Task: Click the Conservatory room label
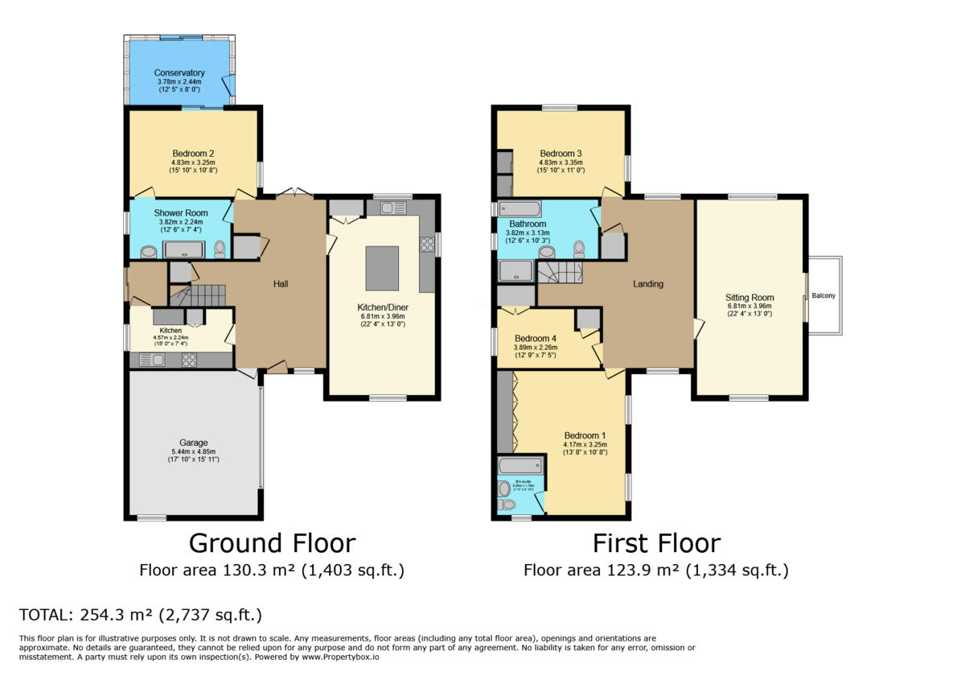coord(179,73)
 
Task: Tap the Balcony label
coord(823,295)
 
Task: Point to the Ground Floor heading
coord(272,543)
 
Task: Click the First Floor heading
coord(656,543)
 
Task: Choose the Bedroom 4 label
coord(535,338)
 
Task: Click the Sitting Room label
coord(749,297)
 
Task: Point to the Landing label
coord(648,284)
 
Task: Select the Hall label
coord(281,284)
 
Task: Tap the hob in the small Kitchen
coord(190,361)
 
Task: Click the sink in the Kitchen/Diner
coord(393,208)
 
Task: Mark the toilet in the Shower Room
coord(220,249)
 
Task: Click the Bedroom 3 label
coord(561,154)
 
